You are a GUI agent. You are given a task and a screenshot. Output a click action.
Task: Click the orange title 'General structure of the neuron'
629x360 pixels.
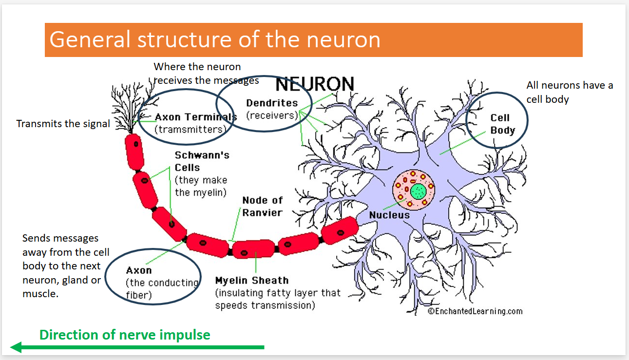(215, 39)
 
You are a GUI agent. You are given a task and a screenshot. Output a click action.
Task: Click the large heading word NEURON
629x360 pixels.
(315, 84)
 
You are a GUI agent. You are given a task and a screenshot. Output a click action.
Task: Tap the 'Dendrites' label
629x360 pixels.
(272, 103)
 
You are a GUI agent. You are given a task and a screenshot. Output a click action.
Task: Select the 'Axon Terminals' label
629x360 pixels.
(196, 117)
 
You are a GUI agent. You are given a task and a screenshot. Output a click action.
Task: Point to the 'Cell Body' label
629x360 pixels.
(503, 124)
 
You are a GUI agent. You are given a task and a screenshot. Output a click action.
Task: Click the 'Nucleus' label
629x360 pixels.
(389, 215)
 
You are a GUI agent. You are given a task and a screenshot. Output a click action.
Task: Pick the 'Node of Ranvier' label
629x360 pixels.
(262, 207)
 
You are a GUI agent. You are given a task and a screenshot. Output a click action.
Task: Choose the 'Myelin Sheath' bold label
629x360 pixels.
(252, 280)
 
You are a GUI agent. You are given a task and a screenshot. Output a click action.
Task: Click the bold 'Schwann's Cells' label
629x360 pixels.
(202, 161)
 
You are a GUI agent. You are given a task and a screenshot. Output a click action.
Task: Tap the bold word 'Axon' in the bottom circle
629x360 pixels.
(139, 270)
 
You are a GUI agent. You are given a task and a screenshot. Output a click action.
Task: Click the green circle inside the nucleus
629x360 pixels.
(418, 191)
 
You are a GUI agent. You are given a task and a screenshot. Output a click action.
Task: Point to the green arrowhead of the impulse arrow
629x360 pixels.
(16, 347)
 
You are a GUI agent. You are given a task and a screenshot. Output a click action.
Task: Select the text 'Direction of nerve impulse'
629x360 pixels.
(125, 335)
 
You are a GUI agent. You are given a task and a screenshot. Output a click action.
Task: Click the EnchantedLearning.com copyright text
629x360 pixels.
(475, 311)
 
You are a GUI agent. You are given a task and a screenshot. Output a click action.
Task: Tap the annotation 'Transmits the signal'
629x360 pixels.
(63, 124)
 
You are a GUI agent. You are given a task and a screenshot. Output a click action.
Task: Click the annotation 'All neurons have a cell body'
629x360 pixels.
(570, 92)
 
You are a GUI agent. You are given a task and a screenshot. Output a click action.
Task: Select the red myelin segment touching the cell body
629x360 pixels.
(340, 230)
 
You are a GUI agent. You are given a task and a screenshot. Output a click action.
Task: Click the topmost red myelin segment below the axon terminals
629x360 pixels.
(134, 152)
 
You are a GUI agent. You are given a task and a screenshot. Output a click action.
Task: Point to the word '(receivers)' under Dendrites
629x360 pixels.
(272, 115)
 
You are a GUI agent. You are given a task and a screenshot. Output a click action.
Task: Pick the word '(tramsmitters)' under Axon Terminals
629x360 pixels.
(191, 130)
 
